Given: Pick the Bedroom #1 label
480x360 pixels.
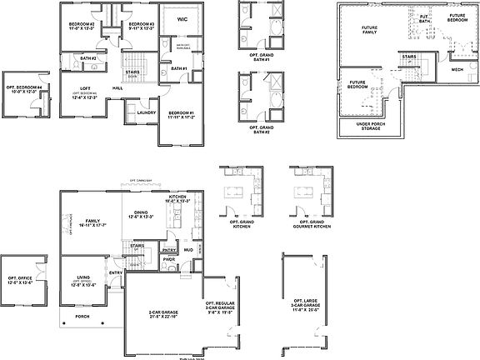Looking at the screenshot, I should coord(181,114).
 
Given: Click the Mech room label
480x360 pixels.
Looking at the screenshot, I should coord(457,70).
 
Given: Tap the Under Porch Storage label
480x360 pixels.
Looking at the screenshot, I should coord(369,127).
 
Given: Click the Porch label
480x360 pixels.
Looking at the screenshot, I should coord(82,317).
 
